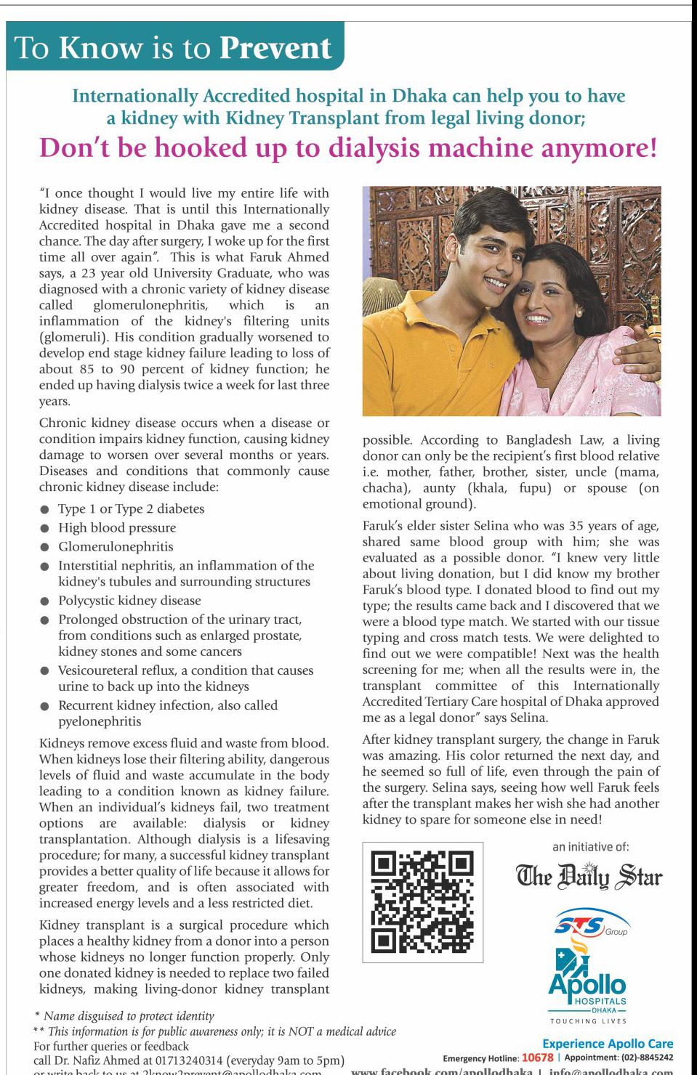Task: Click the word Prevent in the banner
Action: coord(275,48)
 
